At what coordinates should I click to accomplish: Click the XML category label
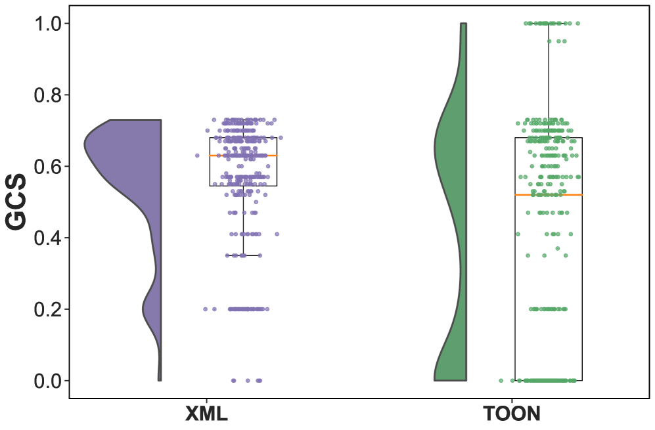point(206,414)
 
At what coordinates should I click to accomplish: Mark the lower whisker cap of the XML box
point(243,255)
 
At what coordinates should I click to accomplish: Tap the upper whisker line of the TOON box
point(549,79)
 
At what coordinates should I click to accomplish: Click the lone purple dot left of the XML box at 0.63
point(197,156)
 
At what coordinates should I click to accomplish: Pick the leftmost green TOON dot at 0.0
point(502,381)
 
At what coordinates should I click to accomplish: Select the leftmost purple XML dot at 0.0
point(233,381)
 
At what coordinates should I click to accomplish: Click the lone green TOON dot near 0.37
point(558,249)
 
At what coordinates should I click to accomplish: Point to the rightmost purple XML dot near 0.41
point(277,234)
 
